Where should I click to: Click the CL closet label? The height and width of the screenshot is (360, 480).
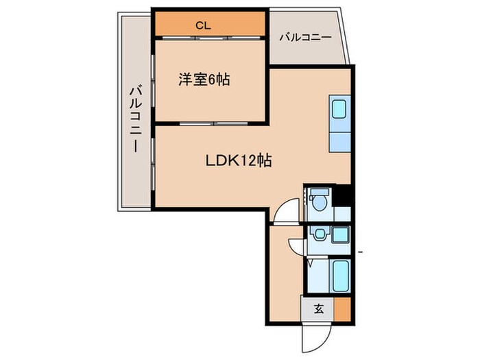click(202, 25)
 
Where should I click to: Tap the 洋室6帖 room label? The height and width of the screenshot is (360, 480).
click(204, 80)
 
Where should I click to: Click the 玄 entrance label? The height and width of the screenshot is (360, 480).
click(318, 309)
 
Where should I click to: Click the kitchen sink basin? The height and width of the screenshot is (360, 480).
click(339, 109)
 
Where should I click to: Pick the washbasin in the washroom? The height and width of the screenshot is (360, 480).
click(317, 235)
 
